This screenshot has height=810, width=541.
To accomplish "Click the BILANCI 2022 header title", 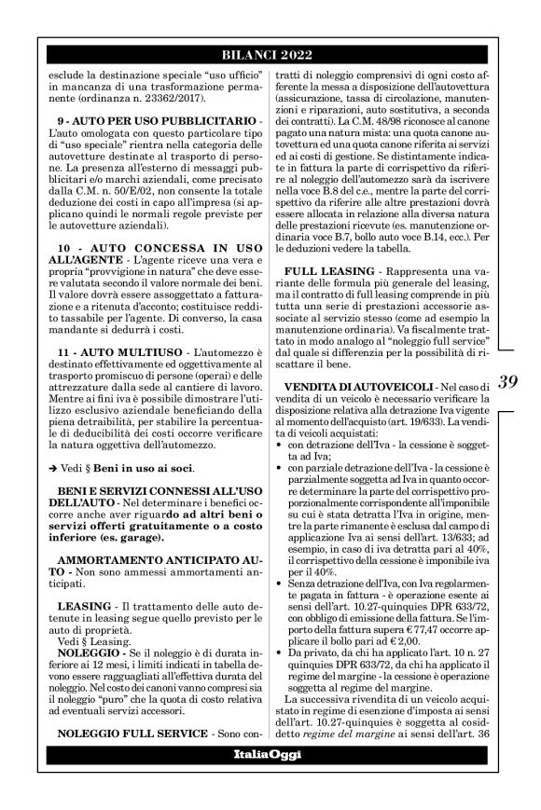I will [270, 55].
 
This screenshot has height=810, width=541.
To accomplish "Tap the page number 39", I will [508, 382].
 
